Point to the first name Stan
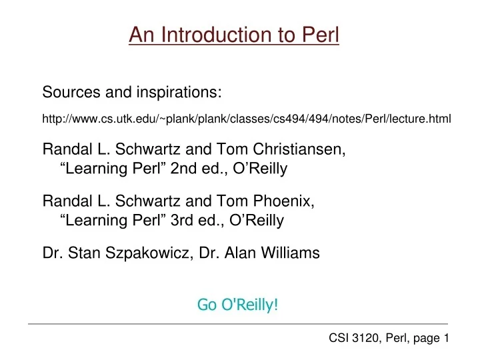coord(80,252)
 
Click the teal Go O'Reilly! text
coord(238,305)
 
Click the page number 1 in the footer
coord(445,339)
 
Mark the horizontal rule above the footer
coord(240,325)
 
